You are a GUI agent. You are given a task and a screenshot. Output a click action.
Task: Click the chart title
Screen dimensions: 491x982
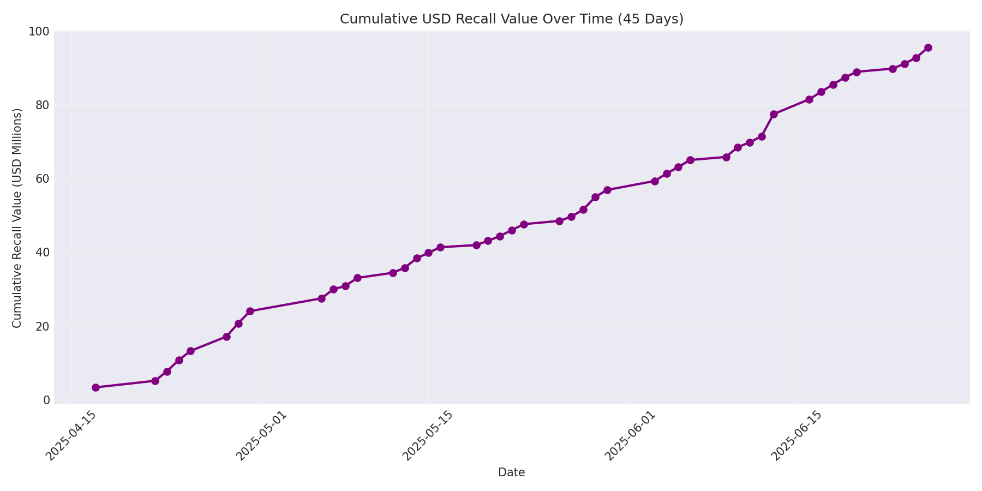coord(511,19)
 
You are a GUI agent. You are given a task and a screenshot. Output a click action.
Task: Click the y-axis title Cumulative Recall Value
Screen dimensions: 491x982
coord(17,218)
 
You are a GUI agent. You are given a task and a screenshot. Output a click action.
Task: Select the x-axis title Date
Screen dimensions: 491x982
coord(511,472)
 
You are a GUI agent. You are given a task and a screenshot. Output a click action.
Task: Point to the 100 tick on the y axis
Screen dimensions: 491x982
coord(39,32)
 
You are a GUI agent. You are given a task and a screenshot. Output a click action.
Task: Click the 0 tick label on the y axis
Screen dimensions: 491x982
coord(46,400)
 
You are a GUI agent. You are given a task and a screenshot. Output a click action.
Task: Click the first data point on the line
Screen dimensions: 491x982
coord(95,387)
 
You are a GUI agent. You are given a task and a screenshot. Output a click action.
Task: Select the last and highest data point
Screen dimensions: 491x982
coord(928,47)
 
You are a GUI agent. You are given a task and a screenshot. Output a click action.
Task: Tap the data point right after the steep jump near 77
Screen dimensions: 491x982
coord(774,114)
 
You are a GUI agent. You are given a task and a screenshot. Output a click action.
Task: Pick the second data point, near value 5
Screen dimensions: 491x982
coord(155,381)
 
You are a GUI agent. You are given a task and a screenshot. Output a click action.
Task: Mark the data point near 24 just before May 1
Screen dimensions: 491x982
coord(250,311)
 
